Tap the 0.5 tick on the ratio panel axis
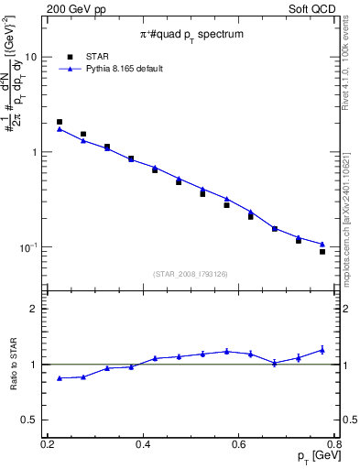coord(36,420)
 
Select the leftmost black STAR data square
coord(60,122)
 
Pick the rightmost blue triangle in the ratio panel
coord(322,349)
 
